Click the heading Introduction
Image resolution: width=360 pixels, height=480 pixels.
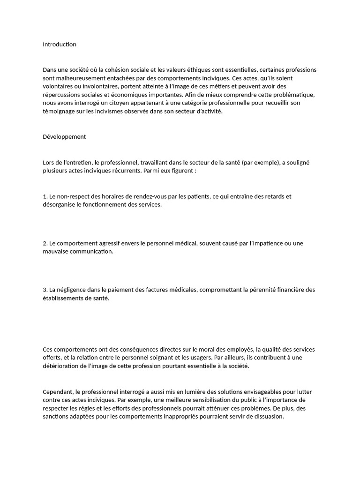pos(60,45)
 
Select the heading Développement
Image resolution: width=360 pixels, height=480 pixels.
pos(64,137)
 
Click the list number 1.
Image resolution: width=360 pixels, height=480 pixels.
pos(45,196)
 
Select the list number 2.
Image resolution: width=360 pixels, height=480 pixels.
pos(45,243)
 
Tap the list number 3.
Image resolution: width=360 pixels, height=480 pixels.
pos(45,290)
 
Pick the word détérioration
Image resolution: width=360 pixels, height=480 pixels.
pos(62,366)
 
